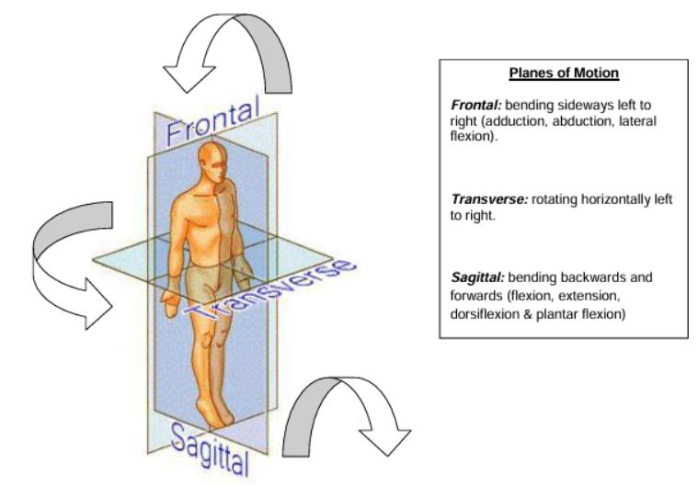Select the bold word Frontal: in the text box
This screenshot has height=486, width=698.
click(476, 107)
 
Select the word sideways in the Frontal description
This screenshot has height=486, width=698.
click(567, 107)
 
